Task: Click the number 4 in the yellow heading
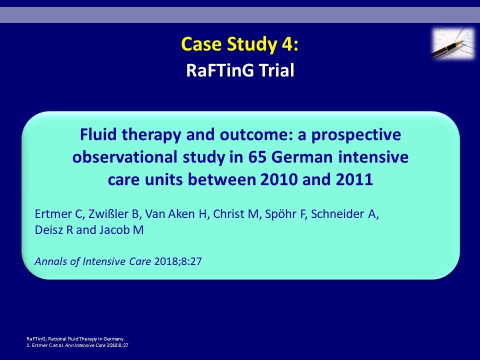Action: (x=287, y=44)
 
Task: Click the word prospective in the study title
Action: (x=356, y=135)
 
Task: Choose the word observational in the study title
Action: (x=124, y=157)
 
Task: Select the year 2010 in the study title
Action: (x=279, y=179)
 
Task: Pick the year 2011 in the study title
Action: (x=354, y=179)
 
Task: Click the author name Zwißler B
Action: (x=114, y=214)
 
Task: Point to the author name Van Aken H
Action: (x=176, y=214)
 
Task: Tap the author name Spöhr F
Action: (x=285, y=214)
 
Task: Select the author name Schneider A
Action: (x=344, y=214)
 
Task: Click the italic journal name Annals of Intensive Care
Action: (x=93, y=261)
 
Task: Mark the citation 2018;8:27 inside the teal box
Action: (x=178, y=261)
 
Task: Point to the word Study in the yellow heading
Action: (x=251, y=44)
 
